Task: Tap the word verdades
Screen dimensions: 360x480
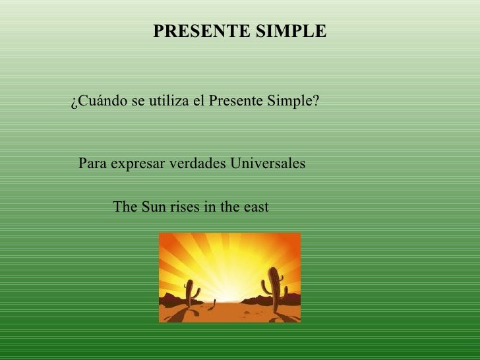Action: coord(195,164)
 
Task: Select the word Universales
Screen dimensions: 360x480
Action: coord(267,164)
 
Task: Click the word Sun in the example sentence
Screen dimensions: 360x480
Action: coord(154,207)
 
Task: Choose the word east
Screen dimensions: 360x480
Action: coord(254,207)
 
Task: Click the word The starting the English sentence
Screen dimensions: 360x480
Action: coord(125,207)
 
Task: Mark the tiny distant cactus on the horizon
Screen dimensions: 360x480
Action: coord(216,304)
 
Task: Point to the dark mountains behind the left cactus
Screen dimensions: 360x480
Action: coord(173,299)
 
